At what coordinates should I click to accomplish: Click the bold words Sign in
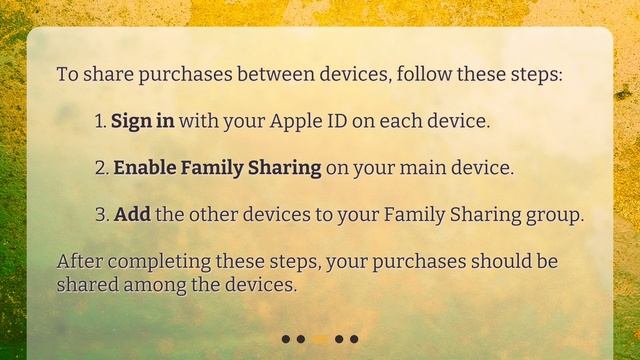pos(143,121)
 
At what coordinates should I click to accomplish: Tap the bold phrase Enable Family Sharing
pos(217,168)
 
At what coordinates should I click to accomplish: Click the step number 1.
pos(99,121)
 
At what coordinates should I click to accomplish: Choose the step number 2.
pos(100,168)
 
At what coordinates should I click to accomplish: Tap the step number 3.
pos(100,215)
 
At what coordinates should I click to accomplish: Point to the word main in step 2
pos(423,168)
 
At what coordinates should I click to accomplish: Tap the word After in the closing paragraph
pos(79,262)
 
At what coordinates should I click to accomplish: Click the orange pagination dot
pos(320,339)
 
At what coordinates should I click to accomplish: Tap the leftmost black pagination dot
pos(286,339)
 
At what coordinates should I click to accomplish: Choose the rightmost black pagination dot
pos(354,339)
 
